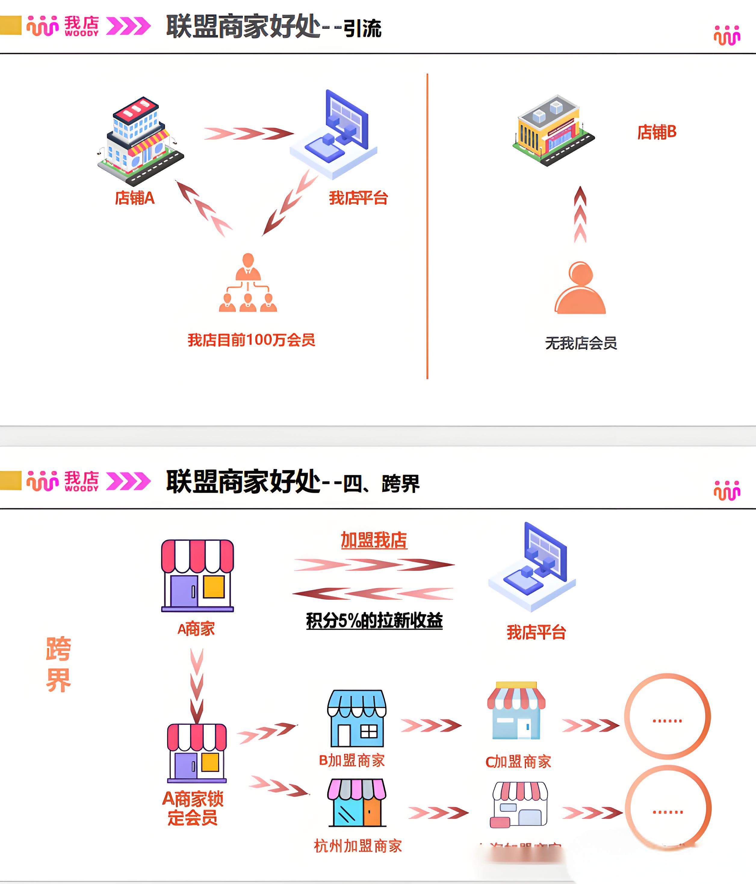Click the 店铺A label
click(135, 198)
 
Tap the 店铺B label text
click(657, 132)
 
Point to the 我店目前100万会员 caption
click(252, 340)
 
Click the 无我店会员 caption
click(581, 343)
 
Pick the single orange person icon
click(580, 288)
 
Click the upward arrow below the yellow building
click(580, 215)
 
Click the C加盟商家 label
click(518, 761)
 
